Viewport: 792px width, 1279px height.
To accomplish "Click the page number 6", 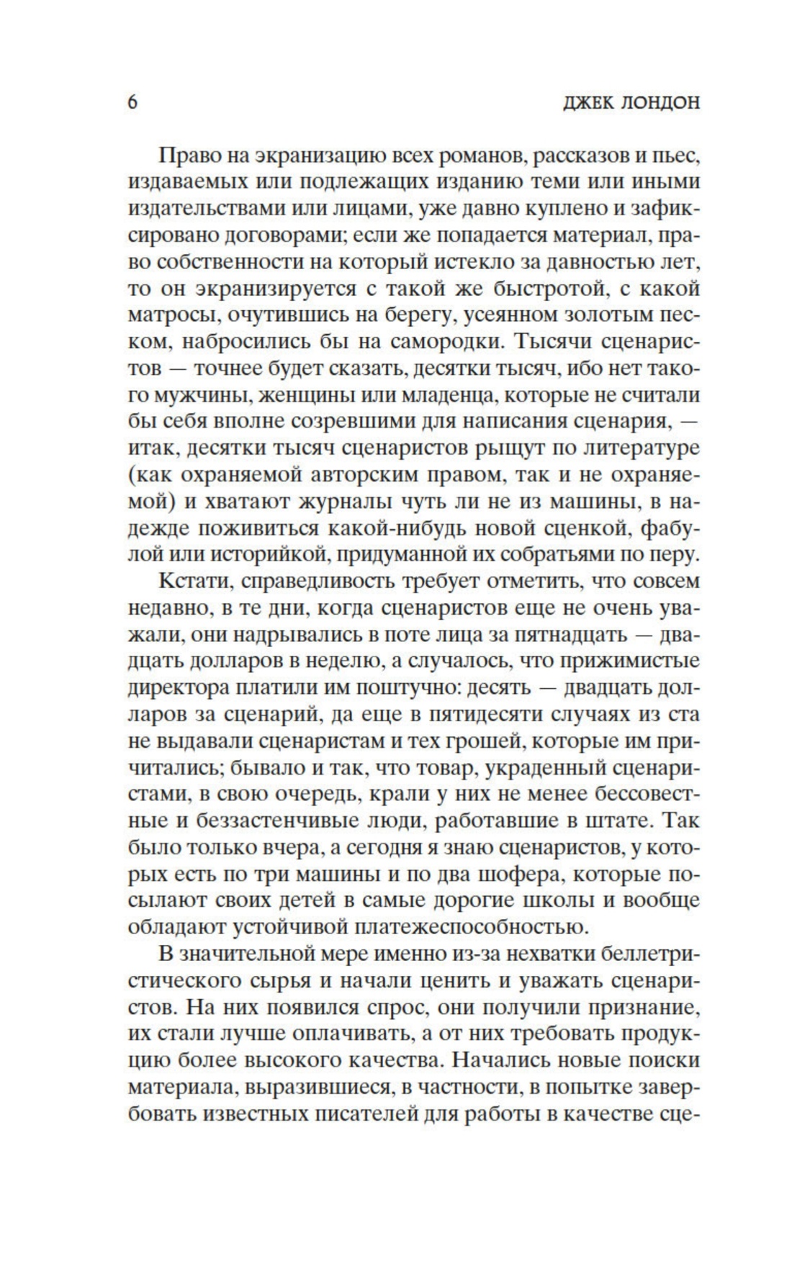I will point(133,102).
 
